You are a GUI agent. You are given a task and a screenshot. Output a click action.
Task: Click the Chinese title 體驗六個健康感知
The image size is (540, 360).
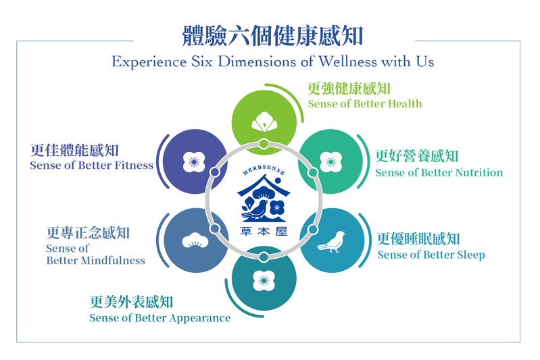(x=272, y=36)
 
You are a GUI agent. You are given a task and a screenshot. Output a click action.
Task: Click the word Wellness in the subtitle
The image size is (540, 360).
(x=347, y=61)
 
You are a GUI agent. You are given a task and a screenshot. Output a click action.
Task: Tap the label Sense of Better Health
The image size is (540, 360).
(x=365, y=103)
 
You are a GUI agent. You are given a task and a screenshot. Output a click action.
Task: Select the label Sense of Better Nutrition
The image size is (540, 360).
(x=439, y=172)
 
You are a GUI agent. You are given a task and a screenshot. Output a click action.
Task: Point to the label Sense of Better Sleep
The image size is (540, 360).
(x=431, y=255)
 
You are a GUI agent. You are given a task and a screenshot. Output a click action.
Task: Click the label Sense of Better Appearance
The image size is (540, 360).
(x=159, y=317)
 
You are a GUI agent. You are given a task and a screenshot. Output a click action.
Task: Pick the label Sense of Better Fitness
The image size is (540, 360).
(x=91, y=165)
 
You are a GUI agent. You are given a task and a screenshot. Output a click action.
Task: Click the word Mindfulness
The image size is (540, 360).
(x=113, y=261)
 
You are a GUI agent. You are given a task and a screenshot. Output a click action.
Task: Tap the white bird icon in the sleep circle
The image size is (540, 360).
(x=331, y=241)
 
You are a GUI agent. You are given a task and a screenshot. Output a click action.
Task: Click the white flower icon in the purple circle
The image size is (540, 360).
(x=194, y=161)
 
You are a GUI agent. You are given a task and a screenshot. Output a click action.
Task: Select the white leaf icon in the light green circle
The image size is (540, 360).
(x=264, y=122)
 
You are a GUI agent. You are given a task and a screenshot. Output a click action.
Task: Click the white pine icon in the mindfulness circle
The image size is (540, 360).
(x=195, y=240)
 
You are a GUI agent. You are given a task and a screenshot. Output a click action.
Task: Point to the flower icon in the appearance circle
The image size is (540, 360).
(x=264, y=280)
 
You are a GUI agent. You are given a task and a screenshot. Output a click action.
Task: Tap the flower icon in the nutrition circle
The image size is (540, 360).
(x=331, y=161)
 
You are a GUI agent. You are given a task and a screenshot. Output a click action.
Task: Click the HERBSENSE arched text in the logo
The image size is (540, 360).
(x=264, y=170)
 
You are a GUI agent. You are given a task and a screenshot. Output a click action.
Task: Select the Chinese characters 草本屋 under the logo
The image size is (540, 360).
(x=264, y=231)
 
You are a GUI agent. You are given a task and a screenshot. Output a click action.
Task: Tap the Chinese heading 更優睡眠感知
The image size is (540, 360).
(x=418, y=239)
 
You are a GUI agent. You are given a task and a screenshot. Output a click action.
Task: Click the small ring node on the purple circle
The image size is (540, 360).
(x=214, y=172)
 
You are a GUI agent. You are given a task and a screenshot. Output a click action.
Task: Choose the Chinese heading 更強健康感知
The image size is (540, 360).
(x=349, y=88)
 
